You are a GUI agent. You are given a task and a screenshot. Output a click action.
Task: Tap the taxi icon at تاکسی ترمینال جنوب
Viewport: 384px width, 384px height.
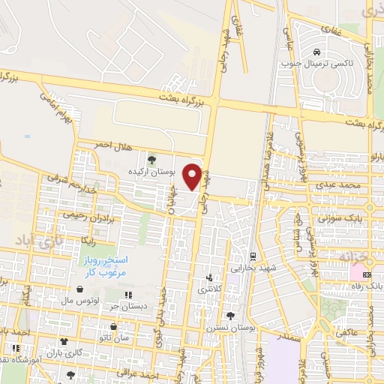(318, 52)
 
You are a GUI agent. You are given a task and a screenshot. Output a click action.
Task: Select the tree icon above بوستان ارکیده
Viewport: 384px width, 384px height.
(152, 159)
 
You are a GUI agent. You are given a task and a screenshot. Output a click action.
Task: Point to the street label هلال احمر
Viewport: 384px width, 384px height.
(112, 144)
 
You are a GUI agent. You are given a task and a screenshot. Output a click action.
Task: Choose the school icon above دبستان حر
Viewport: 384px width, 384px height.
(127, 295)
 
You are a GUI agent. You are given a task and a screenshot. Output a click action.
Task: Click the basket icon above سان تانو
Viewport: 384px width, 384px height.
(113, 327)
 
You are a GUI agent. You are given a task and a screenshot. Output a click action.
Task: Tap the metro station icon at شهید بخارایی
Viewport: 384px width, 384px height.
(253, 256)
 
